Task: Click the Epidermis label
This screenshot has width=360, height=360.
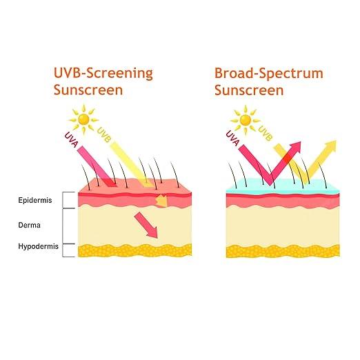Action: pos(35,200)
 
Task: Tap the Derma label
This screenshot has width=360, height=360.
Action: pos(29,225)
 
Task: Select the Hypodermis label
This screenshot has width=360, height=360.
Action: pos(38,246)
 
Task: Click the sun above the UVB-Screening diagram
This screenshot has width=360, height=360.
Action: pos(83,119)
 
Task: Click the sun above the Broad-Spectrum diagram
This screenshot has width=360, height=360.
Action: pos(246,120)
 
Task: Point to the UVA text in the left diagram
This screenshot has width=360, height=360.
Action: pos(72,139)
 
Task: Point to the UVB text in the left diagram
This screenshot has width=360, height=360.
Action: pos(104,134)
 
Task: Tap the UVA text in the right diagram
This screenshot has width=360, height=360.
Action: pos(232,139)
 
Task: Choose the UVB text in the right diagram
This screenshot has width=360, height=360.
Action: pos(266,133)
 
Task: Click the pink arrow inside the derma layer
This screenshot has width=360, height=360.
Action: pos(146,225)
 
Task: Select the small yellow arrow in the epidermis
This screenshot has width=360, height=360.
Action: pos(161,201)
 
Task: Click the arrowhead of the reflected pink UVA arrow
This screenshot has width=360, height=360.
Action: pos(296,147)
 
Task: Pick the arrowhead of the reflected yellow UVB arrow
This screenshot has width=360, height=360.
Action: pos(331,146)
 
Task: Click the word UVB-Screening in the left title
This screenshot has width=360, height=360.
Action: pos(103,73)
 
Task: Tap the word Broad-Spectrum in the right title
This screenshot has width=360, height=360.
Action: pos(269,73)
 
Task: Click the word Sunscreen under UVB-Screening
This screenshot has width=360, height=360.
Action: pos(88,90)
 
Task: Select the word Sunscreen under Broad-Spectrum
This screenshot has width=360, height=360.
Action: pos(249,90)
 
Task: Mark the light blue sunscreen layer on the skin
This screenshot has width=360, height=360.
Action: pos(283,186)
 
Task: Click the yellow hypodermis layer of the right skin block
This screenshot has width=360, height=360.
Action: pos(283,251)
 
